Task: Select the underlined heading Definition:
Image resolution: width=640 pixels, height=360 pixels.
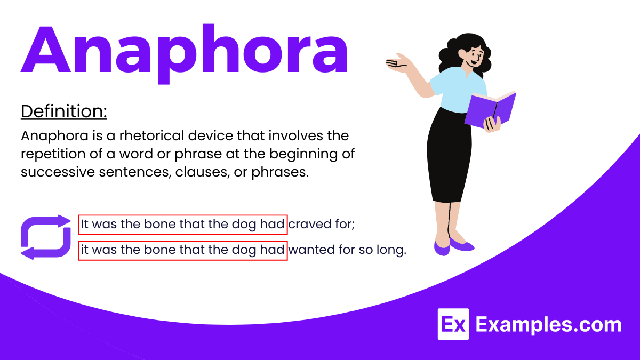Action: (x=64, y=112)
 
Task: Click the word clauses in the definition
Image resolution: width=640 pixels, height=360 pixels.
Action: (x=194, y=172)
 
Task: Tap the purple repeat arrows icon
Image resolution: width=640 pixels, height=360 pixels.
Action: (x=45, y=237)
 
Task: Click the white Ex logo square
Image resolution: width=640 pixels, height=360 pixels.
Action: (x=453, y=324)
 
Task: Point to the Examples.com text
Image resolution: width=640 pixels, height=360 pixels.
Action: (x=548, y=324)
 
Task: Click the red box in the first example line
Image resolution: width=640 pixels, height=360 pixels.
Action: (x=183, y=225)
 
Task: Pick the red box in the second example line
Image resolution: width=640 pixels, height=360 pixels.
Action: (x=183, y=250)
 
